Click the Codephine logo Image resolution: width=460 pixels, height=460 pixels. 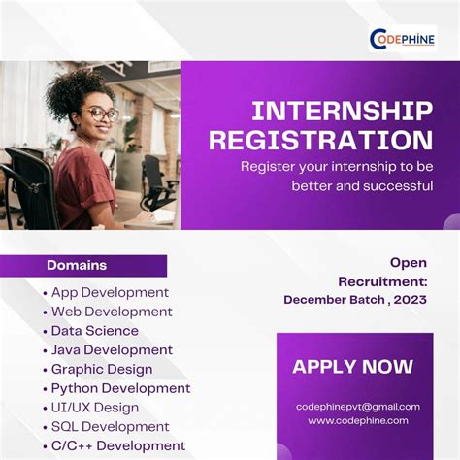pyautogui.click(x=402, y=39)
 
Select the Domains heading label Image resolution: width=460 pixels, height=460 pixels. pyautogui.click(x=77, y=265)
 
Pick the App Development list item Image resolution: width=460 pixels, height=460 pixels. pyautogui.click(x=110, y=292)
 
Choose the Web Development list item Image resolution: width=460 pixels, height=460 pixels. pyautogui.click(x=112, y=312)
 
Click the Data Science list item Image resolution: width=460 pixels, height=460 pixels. pyautogui.click(x=95, y=331)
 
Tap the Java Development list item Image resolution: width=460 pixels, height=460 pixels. pyautogui.click(x=112, y=349)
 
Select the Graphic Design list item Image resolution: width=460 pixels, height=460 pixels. pyautogui.click(x=102, y=369)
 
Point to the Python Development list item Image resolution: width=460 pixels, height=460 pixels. pyautogui.click(x=120, y=388)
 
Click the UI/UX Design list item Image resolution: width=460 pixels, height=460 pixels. pyautogui.click(x=95, y=408)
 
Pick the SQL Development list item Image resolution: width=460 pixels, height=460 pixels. pyautogui.click(x=110, y=426)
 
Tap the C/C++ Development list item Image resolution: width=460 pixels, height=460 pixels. pyautogui.click(x=117, y=445)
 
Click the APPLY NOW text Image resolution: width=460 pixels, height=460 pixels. pyautogui.click(x=352, y=367)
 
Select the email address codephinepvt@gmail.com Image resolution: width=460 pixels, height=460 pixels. pyautogui.click(x=358, y=407)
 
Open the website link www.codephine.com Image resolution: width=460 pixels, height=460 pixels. pyautogui.click(x=358, y=420)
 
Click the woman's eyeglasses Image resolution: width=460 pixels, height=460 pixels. pyautogui.click(x=100, y=114)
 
